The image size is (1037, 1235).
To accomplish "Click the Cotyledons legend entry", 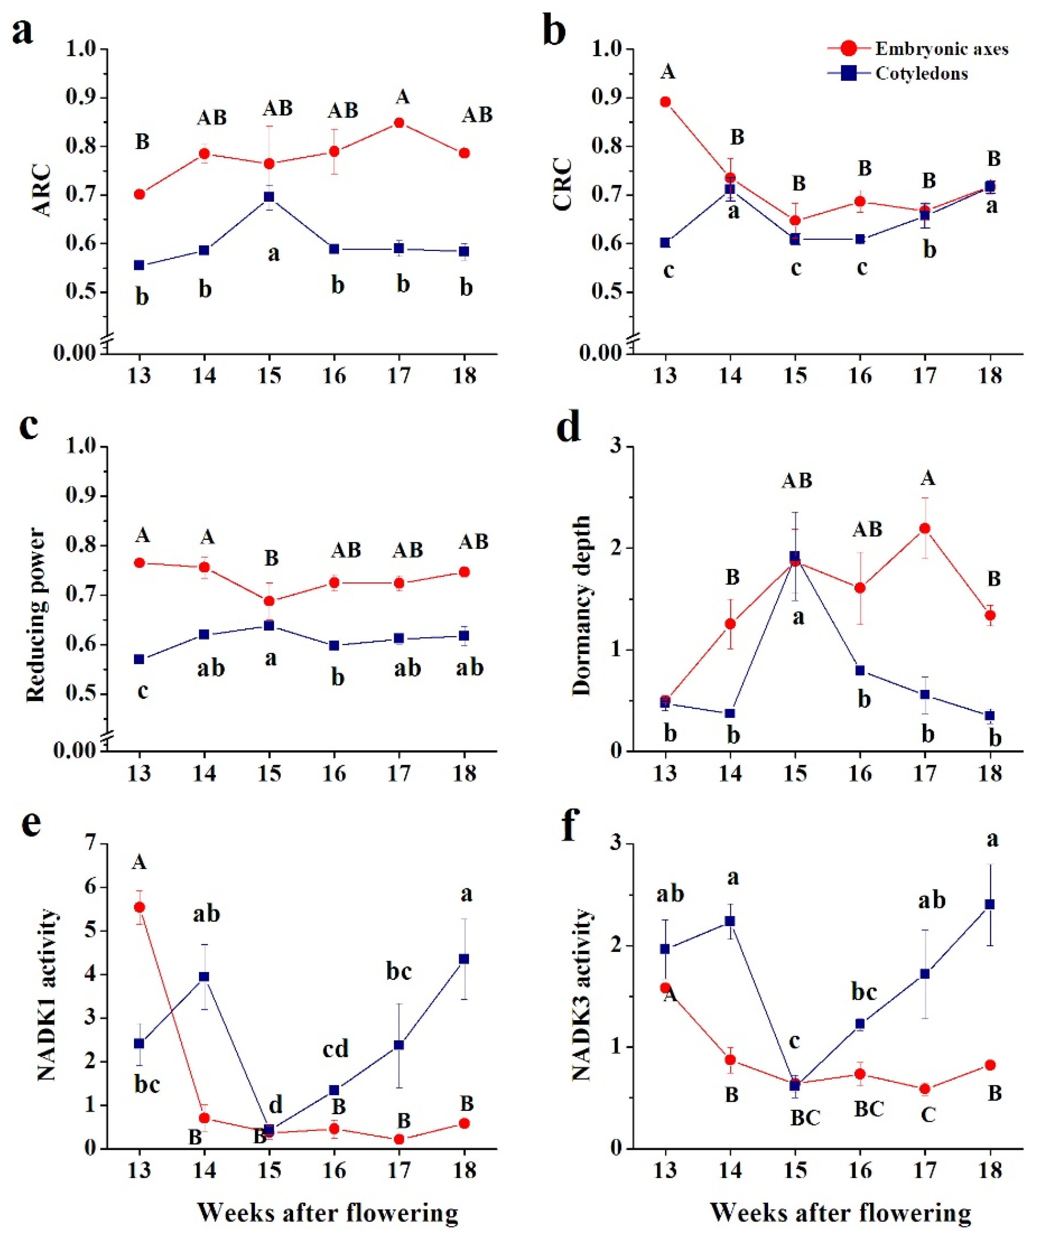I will [921, 74].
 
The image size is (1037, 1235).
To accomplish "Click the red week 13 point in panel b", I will [665, 102].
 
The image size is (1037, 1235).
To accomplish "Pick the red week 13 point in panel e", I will [139, 907].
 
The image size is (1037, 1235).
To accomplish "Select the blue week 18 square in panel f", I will [990, 904].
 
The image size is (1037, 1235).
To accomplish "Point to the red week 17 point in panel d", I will [925, 528].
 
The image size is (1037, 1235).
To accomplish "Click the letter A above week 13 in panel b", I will [667, 72].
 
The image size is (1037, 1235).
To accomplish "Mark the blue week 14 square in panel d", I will [730, 713].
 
